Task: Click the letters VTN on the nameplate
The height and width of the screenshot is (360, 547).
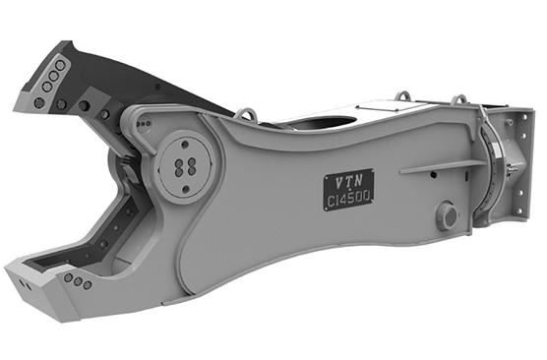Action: coord(349,181)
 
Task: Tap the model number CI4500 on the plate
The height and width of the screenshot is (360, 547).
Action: coord(348,199)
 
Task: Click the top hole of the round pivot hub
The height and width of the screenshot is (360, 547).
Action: coord(185,144)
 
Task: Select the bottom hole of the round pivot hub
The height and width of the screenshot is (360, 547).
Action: coord(186,189)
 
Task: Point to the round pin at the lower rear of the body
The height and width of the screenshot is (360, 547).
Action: coord(448,215)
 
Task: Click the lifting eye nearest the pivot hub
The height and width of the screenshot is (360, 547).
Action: coord(246,114)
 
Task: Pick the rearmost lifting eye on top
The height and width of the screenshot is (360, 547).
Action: coord(460,99)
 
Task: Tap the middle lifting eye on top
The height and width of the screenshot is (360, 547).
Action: coord(402,95)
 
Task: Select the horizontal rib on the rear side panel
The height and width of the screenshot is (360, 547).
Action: coord(443,167)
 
